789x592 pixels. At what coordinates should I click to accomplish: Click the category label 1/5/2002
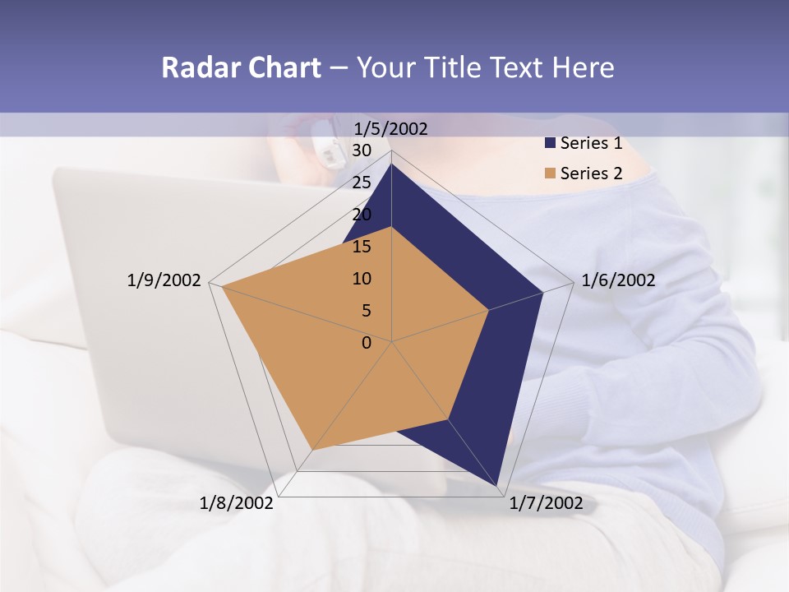pos(390,128)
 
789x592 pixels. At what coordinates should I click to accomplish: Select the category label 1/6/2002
pos(618,280)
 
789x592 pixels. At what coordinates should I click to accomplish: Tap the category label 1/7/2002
pos(546,503)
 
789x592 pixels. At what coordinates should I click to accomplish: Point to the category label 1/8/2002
pos(237,503)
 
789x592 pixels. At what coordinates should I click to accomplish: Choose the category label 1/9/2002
pos(164,280)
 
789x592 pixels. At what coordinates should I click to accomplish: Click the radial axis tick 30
pos(362,150)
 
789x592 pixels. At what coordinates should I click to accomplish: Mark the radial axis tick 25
pos(362,183)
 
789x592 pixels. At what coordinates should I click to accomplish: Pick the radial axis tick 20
pos(362,215)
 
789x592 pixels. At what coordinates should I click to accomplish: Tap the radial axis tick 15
pos(362,247)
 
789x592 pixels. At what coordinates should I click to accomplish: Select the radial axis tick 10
pos(362,279)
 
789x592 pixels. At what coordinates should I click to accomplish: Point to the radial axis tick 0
pos(367,343)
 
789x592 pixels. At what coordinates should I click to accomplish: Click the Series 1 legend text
pos(591,143)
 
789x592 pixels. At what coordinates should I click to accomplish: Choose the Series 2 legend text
pos(591,173)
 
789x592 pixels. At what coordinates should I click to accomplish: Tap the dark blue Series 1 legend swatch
pos(550,143)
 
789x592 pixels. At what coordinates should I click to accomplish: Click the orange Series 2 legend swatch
pos(550,173)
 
